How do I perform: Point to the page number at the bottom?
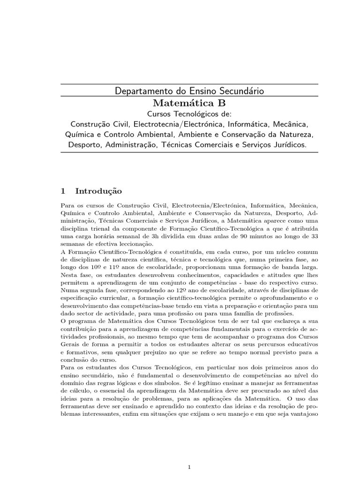(189, 454)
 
